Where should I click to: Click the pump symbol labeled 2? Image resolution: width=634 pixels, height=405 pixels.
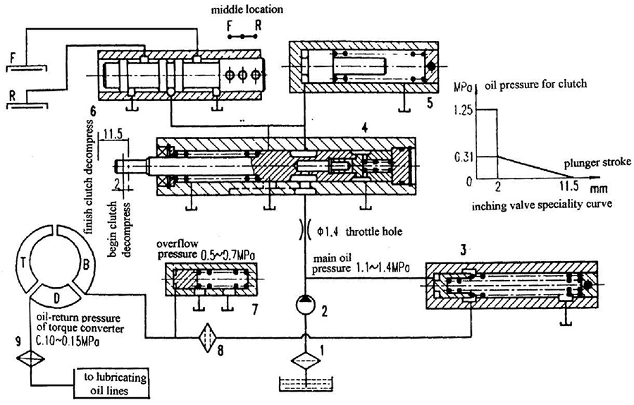[x=305, y=305]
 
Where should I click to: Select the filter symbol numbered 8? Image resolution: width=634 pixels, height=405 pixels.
[x=207, y=337]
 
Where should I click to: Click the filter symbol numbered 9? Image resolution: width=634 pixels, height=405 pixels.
[x=31, y=358]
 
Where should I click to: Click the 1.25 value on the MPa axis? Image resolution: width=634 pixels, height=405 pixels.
[x=463, y=110]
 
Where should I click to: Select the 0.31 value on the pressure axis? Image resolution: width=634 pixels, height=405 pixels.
[x=463, y=157]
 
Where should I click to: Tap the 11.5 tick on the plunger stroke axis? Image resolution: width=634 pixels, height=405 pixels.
[x=569, y=187]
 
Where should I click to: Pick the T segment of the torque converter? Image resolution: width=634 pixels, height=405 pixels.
[x=25, y=264]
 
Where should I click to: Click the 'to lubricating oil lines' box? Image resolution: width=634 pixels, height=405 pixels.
[x=111, y=384]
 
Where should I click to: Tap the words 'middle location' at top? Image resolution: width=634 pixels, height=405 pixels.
[x=247, y=9]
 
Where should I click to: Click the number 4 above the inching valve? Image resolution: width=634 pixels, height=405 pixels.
[x=365, y=128]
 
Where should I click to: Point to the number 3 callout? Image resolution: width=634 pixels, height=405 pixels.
[x=464, y=250]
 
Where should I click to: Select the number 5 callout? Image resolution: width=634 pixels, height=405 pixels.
[x=430, y=103]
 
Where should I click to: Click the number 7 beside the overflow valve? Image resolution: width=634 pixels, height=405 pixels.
[x=255, y=310]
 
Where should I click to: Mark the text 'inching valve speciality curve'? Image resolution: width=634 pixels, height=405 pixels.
[x=542, y=205]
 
